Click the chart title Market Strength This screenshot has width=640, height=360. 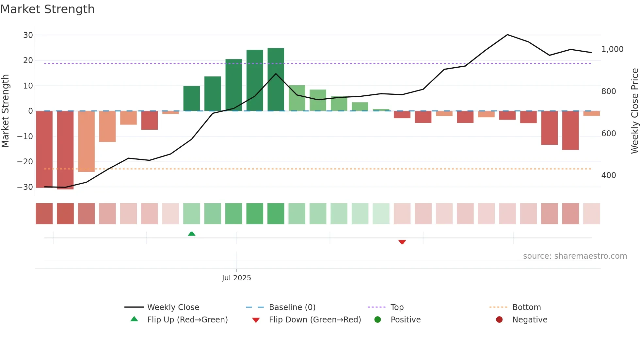[x=47, y=9]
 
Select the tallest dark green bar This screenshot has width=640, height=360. [x=276, y=79]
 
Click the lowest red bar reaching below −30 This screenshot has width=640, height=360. [x=65, y=150]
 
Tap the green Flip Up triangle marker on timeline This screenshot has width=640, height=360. [x=192, y=234]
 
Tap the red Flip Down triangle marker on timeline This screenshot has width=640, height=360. [x=402, y=242]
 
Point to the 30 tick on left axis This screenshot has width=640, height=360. [x=28, y=35]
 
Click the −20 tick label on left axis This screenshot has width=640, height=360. [x=25, y=162]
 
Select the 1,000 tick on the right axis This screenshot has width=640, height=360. [x=612, y=49]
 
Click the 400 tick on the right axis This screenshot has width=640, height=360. [x=609, y=175]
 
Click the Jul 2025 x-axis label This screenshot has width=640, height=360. [x=236, y=278]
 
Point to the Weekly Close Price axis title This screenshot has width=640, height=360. [x=634, y=111]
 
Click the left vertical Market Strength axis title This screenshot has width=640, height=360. [x=5, y=111]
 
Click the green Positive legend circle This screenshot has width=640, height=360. [x=378, y=320]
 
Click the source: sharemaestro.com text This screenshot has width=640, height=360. [x=575, y=256]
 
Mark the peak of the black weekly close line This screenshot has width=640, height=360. [x=507, y=35]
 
